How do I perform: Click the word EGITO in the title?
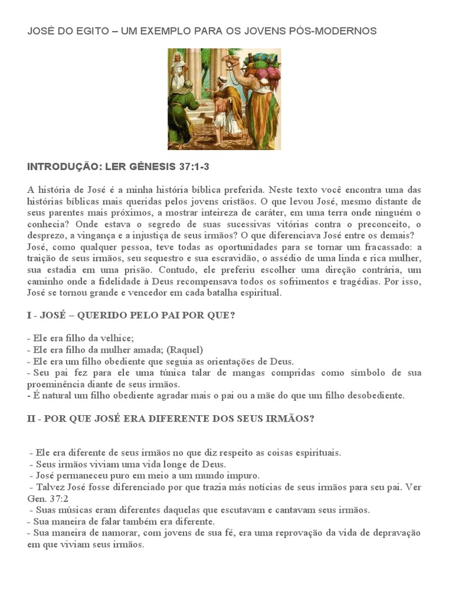[x=90, y=31]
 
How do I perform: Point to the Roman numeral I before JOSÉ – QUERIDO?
[x=29, y=315]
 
